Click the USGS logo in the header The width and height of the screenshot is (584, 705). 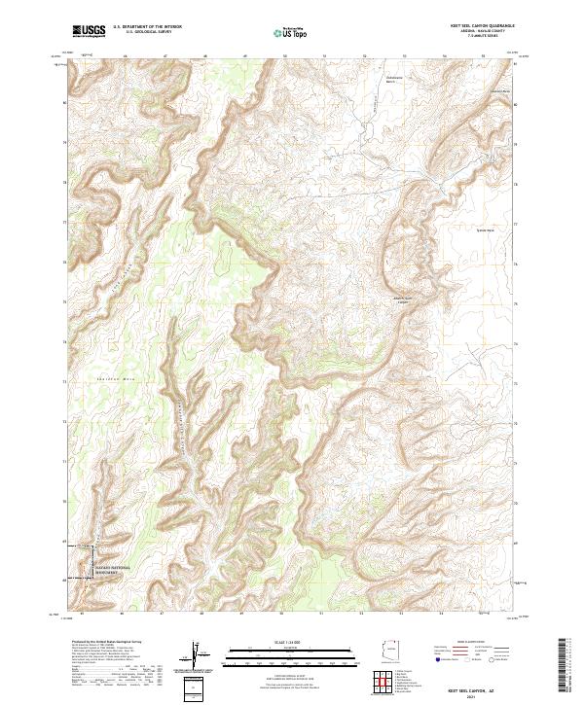coord(90,31)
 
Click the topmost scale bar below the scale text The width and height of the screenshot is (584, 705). coord(291,650)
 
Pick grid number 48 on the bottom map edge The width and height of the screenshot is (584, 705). coord(201,615)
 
